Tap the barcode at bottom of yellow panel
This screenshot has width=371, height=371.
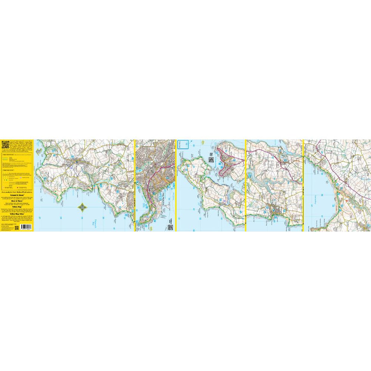point(26,227)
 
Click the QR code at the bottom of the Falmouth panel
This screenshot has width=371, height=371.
point(170,227)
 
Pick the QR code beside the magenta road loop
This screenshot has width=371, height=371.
point(211,160)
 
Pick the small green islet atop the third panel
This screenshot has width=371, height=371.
point(202,142)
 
